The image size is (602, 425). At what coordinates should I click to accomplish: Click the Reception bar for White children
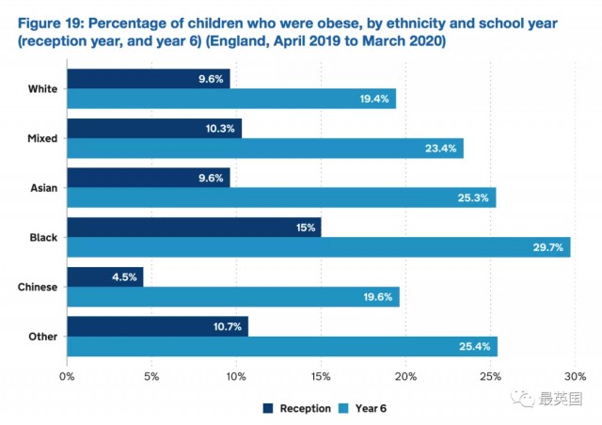click(x=149, y=79)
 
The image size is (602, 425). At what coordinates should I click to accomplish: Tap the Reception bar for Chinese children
click(x=105, y=276)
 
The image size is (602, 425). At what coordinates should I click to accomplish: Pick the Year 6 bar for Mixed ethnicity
click(x=265, y=148)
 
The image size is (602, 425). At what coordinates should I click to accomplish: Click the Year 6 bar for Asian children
click(x=281, y=197)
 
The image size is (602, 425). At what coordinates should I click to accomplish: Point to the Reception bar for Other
click(x=157, y=326)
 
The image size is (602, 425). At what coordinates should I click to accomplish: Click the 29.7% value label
click(x=547, y=247)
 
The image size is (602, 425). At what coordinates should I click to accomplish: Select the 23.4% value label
click(x=441, y=148)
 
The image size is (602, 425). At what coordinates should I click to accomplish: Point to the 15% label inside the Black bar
click(x=305, y=227)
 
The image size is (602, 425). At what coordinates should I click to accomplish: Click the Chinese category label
click(x=37, y=287)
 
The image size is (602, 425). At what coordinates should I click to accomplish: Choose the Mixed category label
click(x=42, y=138)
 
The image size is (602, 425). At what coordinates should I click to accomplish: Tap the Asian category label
click(x=42, y=188)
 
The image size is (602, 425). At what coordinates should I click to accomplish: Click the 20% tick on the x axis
click(x=405, y=377)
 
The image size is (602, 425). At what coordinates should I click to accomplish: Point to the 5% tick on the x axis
click(x=151, y=377)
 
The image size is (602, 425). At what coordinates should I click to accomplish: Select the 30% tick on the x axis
click(x=574, y=377)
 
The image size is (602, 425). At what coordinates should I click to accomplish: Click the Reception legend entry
click(x=297, y=408)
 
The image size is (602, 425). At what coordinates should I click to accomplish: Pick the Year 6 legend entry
click(x=363, y=408)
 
